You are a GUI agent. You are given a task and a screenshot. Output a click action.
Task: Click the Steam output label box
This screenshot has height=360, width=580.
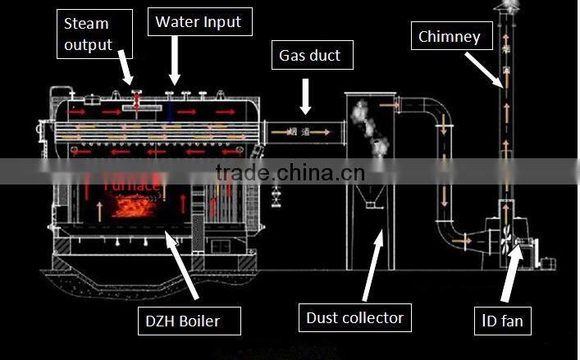88,34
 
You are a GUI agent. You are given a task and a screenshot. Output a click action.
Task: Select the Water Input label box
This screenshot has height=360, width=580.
199,21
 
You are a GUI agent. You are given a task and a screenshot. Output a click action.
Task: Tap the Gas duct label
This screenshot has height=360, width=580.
310,56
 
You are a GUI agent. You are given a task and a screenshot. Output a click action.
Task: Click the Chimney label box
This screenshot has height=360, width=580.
449,36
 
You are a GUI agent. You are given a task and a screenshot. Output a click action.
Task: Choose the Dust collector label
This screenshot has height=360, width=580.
354,317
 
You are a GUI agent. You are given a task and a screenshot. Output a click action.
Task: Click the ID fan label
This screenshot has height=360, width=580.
502,320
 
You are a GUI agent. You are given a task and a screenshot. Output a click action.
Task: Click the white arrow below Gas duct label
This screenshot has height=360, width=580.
305,95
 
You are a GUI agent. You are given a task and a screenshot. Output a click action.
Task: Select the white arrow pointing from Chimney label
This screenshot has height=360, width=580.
483,69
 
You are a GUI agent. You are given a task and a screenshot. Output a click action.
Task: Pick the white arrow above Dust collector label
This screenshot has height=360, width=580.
371,262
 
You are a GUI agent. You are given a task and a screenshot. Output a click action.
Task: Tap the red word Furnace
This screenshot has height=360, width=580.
131,186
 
